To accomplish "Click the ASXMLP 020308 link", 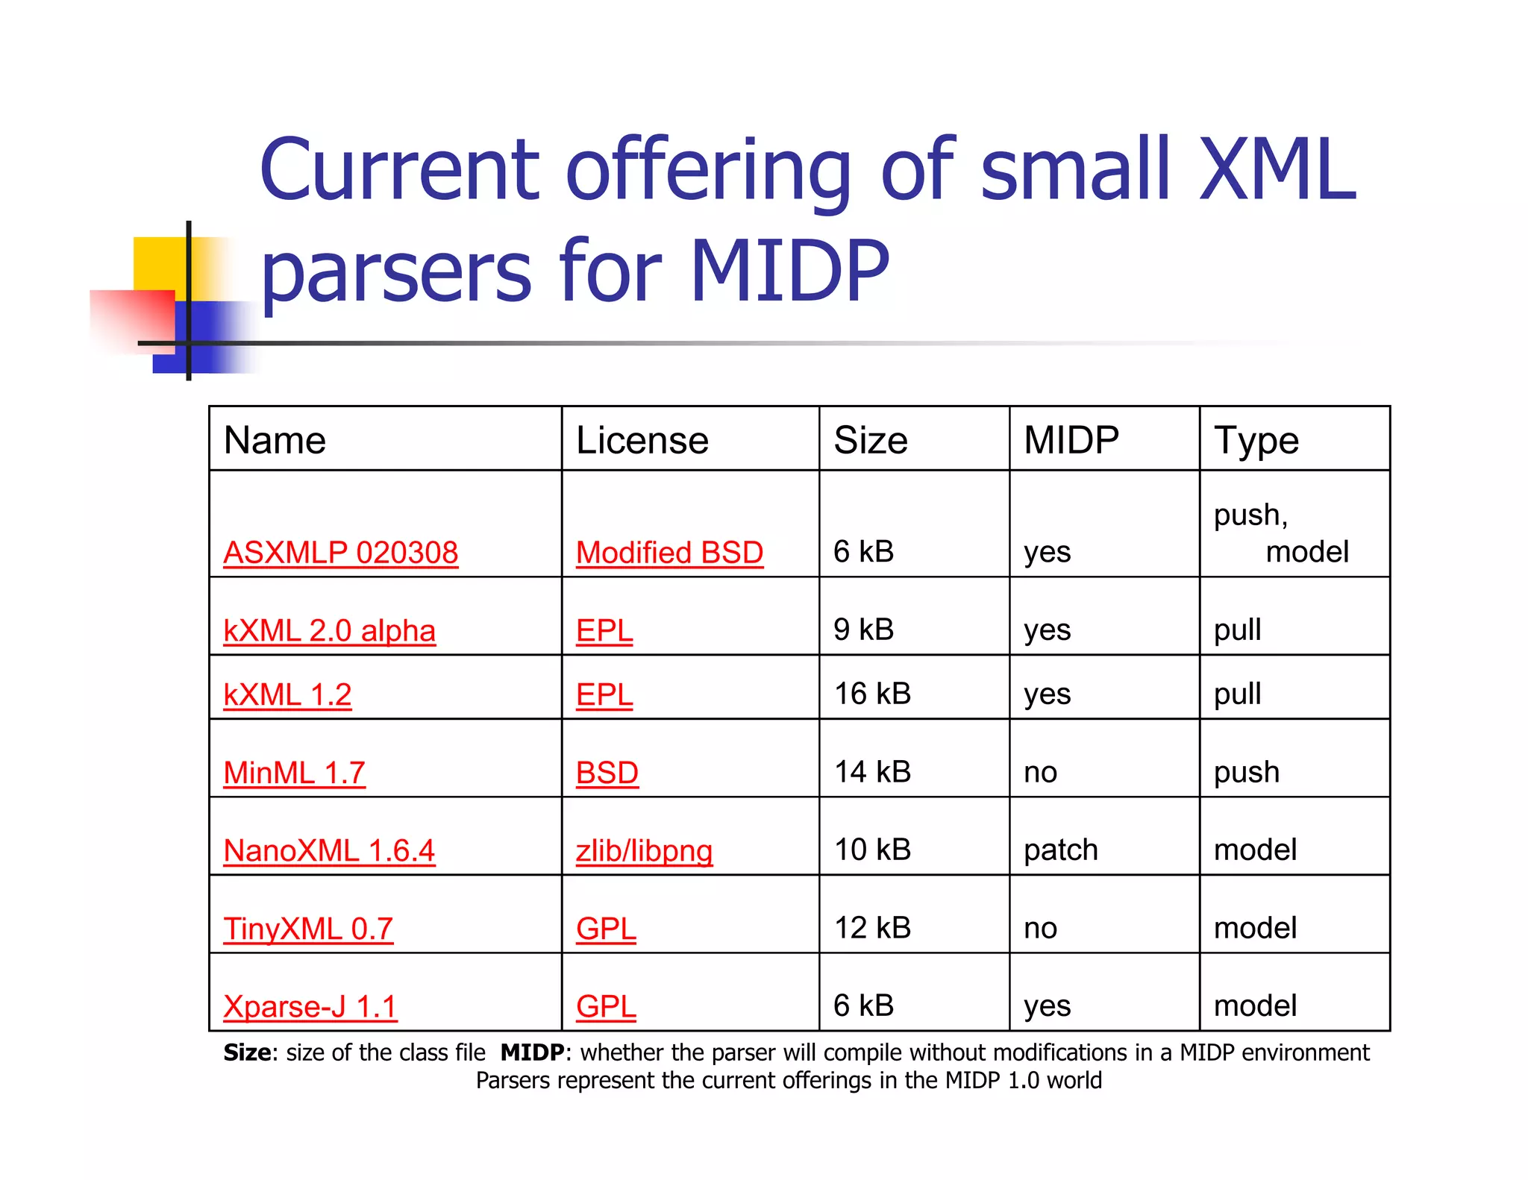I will pyautogui.click(x=340, y=553).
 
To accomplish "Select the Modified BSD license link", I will pyautogui.click(x=669, y=553).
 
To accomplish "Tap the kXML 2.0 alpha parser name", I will pyautogui.click(x=329, y=630).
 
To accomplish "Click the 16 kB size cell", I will pyautogui.click(x=872, y=694).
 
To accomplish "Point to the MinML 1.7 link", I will pyautogui.click(x=294, y=772).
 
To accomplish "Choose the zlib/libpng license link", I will pyautogui.click(x=644, y=850).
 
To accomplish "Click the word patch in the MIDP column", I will pyautogui.click(x=1060, y=850).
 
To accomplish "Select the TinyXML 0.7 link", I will pyautogui.click(x=307, y=929).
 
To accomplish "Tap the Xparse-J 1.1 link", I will pyautogui.click(x=310, y=1006).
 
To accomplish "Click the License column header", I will pyautogui.click(x=642, y=440).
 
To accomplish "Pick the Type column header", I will pyautogui.click(x=1256, y=440).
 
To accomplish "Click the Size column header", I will pyautogui.click(x=870, y=440).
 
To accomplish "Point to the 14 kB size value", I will pyautogui.click(x=872, y=772).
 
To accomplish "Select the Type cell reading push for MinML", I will pyautogui.click(x=1246, y=772).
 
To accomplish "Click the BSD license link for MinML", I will pyautogui.click(x=607, y=772).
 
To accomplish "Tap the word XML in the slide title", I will pyautogui.click(x=1277, y=169).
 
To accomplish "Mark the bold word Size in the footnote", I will pyautogui.click(x=246, y=1052).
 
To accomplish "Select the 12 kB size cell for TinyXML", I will pyautogui.click(x=872, y=928).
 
